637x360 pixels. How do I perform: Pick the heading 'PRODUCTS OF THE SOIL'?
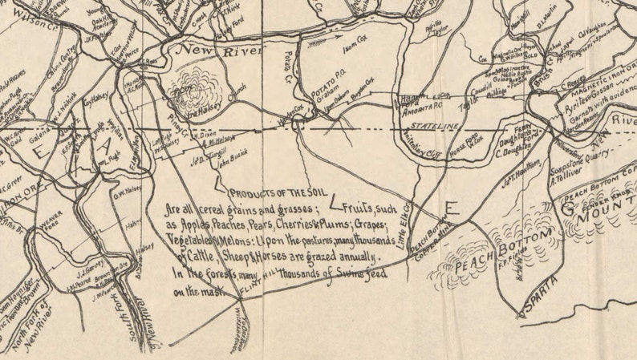coord(269,193)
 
